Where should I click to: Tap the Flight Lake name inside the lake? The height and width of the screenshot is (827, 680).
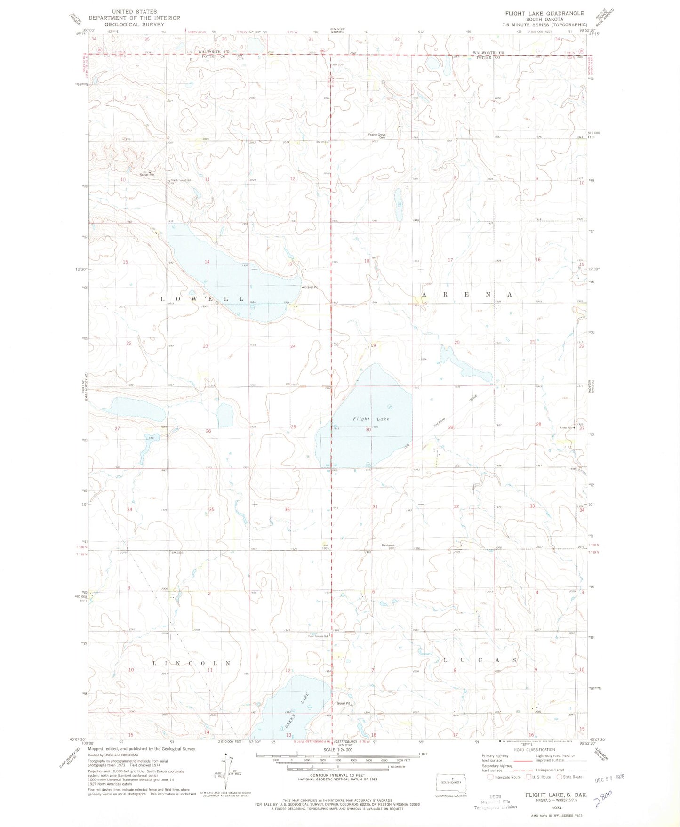click(371, 419)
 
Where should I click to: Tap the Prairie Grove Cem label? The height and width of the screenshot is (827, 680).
click(376, 136)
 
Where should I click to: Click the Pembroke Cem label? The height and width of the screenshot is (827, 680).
click(391, 546)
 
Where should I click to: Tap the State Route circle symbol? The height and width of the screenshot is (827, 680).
click(560, 777)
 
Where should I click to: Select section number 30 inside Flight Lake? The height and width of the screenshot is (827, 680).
click(368, 429)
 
